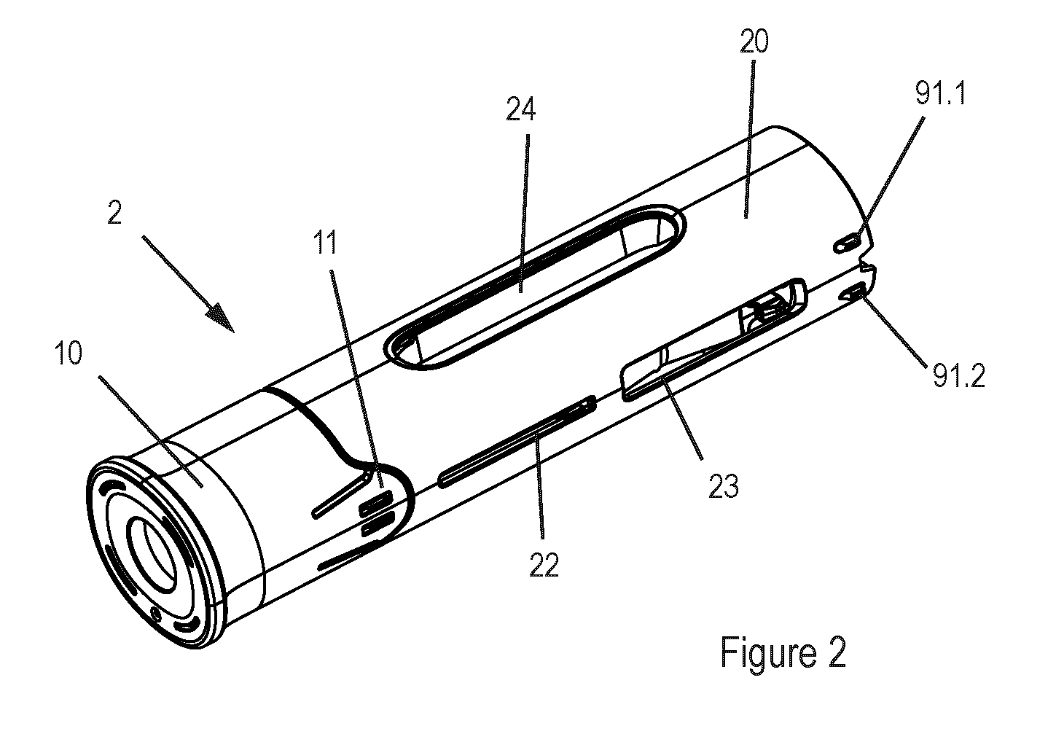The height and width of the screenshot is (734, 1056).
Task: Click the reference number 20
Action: (754, 41)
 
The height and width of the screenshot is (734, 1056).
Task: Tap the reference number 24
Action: (520, 109)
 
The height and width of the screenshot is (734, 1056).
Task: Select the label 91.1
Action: (941, 93)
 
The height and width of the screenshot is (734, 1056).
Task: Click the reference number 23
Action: (723, 486)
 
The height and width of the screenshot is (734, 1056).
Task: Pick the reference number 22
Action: (544, 565)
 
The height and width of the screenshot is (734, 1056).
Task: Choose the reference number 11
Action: (325, 243)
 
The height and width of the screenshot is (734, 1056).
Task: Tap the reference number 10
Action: (69, 353)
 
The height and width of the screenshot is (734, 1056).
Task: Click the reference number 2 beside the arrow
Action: (114, 212)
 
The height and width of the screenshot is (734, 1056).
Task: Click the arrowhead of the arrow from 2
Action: (222, 320)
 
